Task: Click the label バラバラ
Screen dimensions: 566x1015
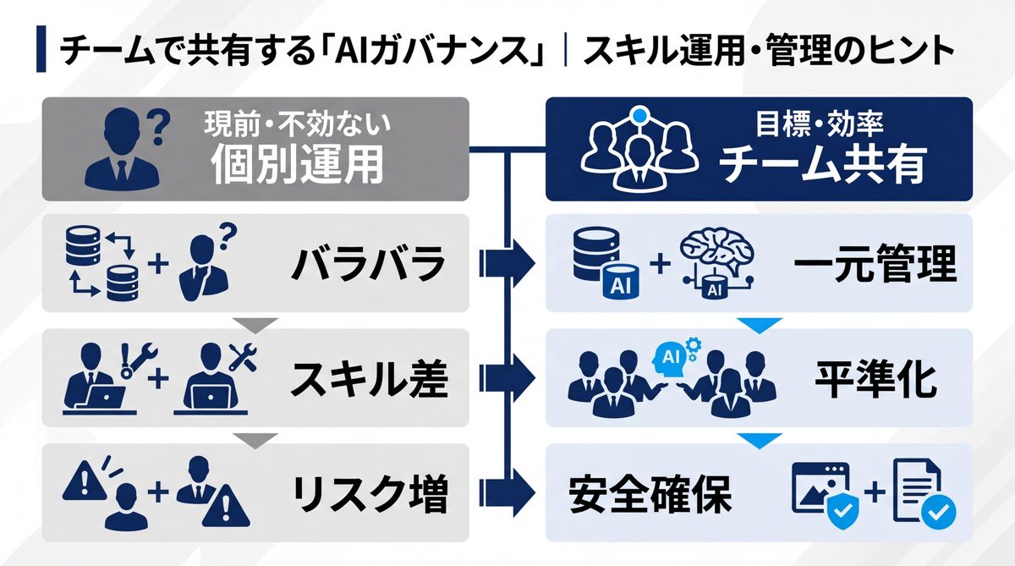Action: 368,266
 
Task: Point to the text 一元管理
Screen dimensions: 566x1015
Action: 875,266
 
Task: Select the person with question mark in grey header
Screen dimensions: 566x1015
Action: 127,149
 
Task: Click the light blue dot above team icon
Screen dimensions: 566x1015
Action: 640,116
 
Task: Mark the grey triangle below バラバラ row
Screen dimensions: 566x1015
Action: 254,324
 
